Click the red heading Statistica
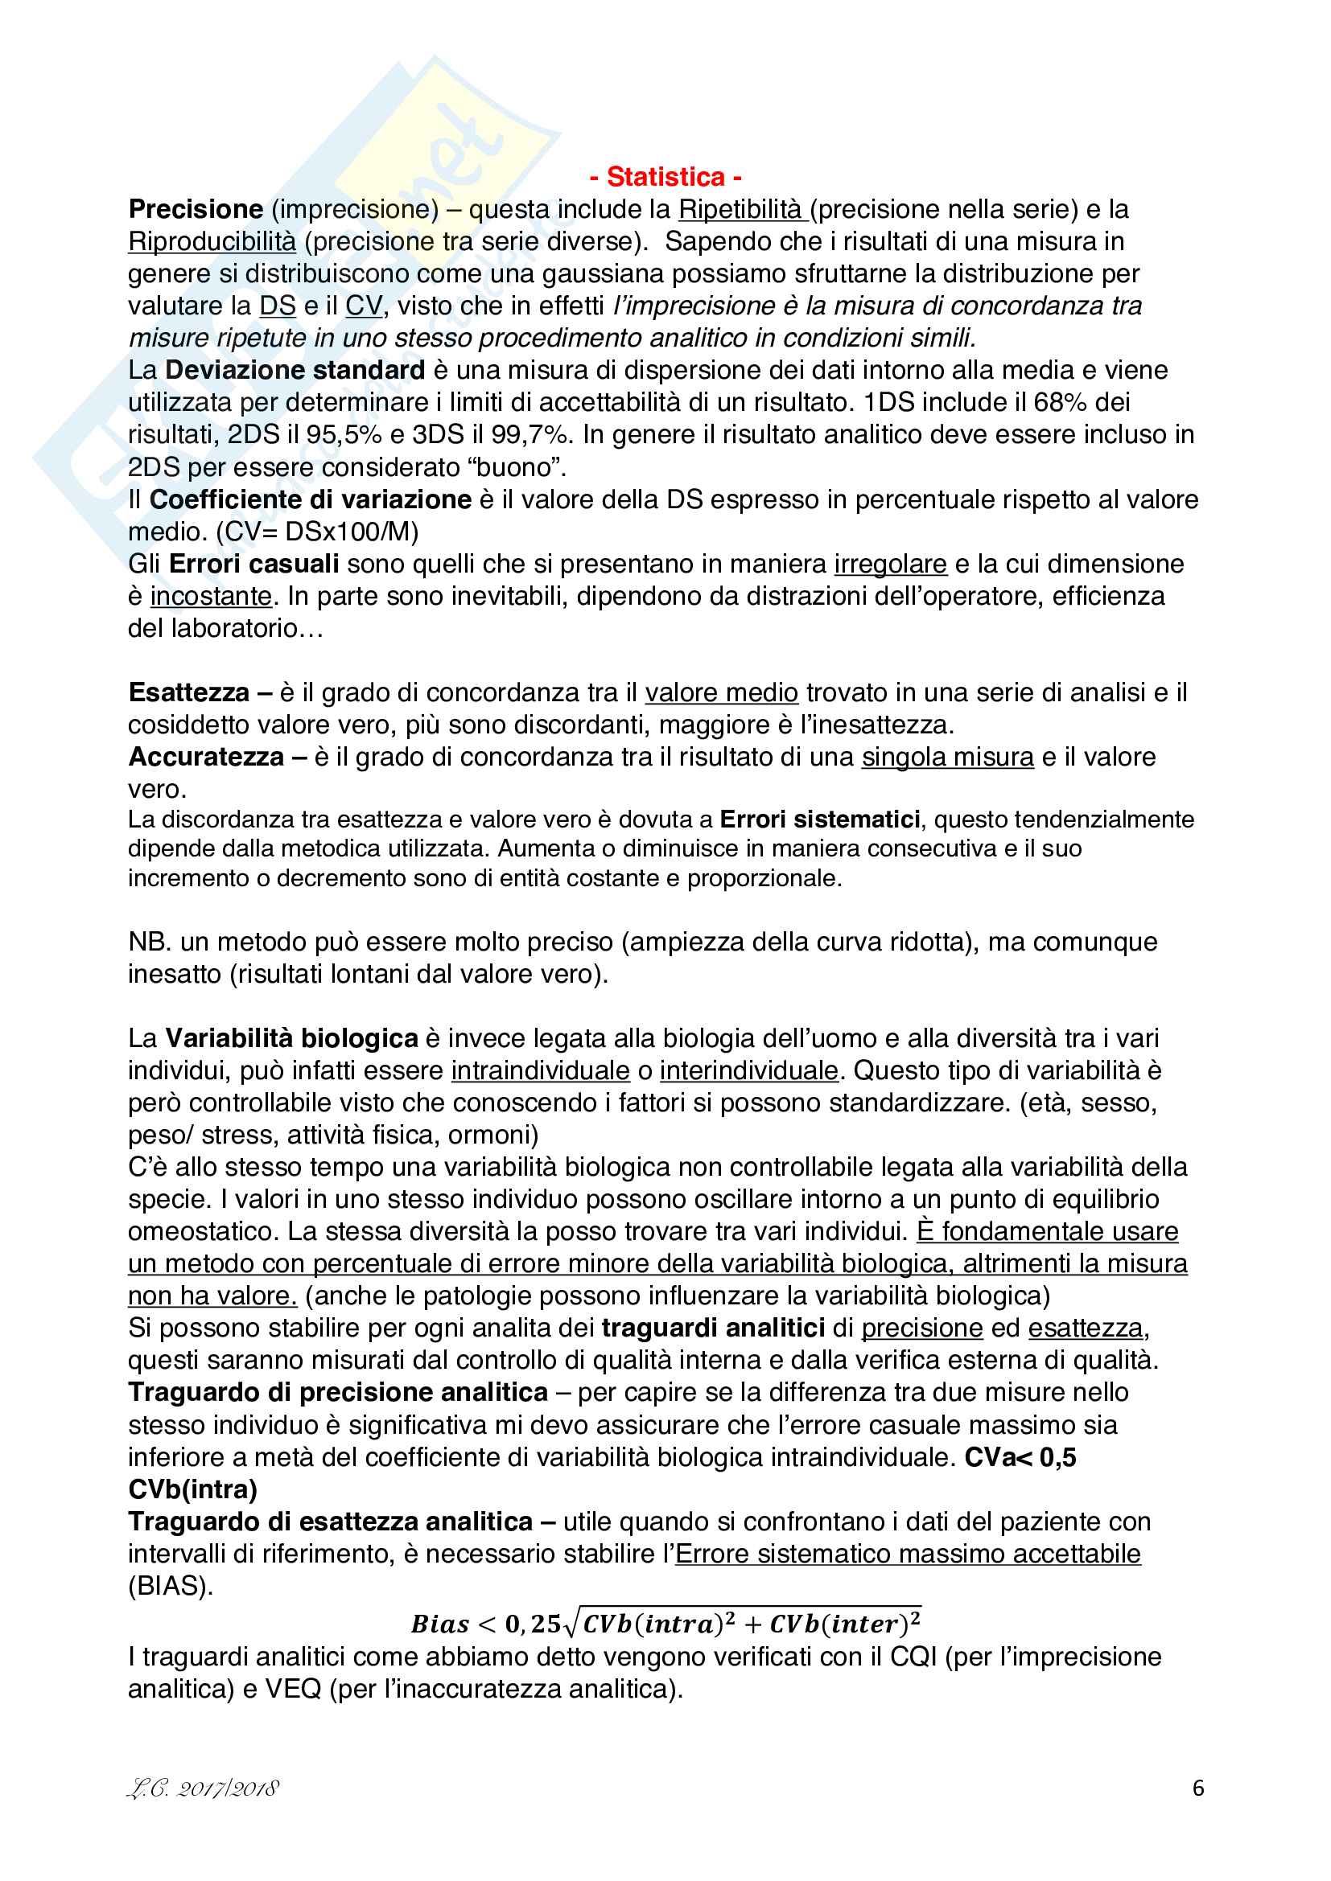[665, 177]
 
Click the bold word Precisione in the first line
[196, 210]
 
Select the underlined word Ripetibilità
[741, 210]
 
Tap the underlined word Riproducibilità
[212, 242]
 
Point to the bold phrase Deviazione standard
[295, 370]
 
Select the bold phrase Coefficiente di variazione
[310, 499]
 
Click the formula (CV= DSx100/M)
[317, 532]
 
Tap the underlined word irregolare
[890, 564]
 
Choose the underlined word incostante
[211, 597]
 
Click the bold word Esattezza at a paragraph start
[189, 693]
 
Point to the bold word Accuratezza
[207, 757]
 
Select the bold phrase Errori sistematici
[819, 819]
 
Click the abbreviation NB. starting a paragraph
[148, 943]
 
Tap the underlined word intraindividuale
[540, 1070]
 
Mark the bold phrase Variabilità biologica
[292, 1039]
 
